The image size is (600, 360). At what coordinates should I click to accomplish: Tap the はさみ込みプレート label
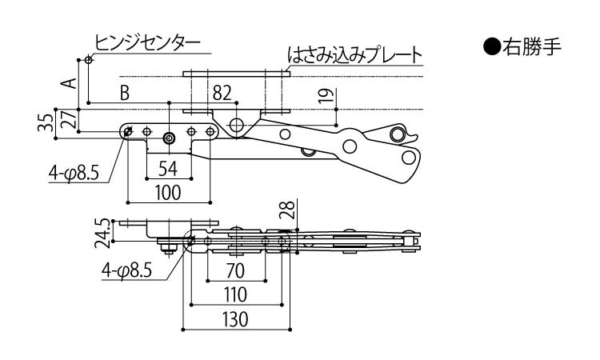pyautogui.click(x=354, y=55)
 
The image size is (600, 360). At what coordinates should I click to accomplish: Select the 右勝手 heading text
pyautogui.click(x=534, y=47)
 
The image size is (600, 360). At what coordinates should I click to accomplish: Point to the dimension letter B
pyautogui.click(x=124, y=93)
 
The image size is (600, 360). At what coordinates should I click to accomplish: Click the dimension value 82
pyautogui.click(x=224, y=93)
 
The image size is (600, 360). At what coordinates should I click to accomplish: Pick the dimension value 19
pyautogui.click(x=323, y=97)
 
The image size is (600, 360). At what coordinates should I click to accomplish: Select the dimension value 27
pyautogui.click(x=70, y=120)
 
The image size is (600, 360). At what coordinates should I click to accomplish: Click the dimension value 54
pyautogui.click(x=168, y=168)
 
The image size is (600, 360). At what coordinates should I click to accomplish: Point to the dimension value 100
pyautogui.click(x=168, y=192)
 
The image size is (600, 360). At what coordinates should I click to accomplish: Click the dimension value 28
pyautogui.click(x=290, y=210)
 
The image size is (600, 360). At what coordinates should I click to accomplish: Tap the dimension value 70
pyautogui.click(x=237, y=270)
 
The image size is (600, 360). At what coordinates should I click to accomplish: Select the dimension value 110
pyautogui.click(x=237, y=294)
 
